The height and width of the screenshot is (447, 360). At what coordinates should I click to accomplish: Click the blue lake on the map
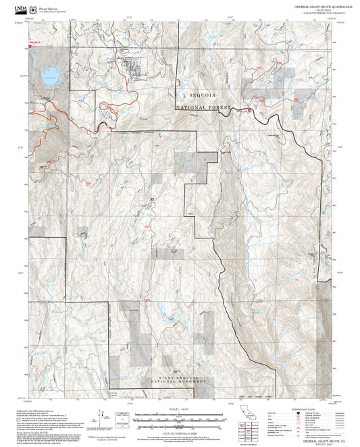(x=48, y=76)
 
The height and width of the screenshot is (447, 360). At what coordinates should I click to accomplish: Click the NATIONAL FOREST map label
(x=203, y=108)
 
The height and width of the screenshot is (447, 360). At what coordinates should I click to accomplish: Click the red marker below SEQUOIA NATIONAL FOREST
(x=251, y=109)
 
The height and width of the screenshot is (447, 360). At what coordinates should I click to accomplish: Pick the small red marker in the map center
(x=153, y=199)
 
